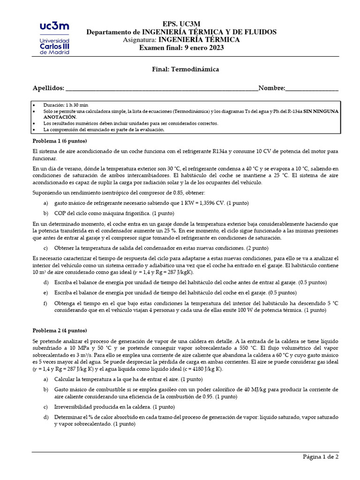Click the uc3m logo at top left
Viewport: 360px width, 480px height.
pyautogui.click(x=51, y=38)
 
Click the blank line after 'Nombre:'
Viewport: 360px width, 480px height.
pyautogui.click(x=311, y=88)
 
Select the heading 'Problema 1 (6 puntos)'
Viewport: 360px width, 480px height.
pyautogui.click(x=60, y=141)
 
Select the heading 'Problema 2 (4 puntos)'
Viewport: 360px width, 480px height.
pyautogui.click(x=60, y=330)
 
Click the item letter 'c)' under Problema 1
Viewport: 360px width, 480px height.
pyautogui.click(x=45, y=247)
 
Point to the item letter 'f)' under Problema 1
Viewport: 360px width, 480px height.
pyautogui.click(x=45, y=303)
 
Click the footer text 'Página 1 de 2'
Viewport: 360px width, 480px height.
pyautogui.click(x=320, y=456)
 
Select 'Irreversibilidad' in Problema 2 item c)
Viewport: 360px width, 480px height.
pyautogui.click(x=73, y=407)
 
